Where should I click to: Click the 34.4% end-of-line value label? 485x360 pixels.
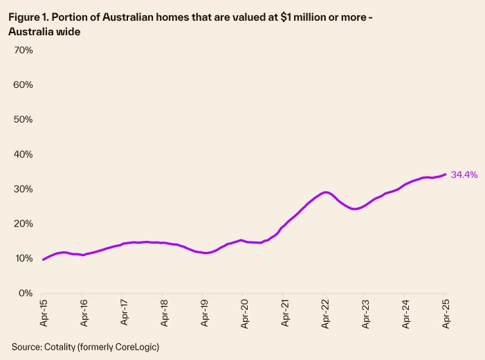pos(464,174)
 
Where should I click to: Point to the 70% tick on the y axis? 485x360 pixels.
pos(24,51)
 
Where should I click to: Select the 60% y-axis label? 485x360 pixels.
pos(24,85)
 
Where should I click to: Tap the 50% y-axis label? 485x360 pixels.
pos(24,120)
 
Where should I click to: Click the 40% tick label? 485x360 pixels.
pos(24,154)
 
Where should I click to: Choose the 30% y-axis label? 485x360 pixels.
pos(24,189)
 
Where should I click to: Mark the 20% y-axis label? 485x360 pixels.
pos(24,224)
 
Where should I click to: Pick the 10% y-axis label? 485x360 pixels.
pos(24,258)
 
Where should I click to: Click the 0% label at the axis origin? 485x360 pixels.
pos(26,293)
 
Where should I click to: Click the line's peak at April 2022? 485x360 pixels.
pos(326,192)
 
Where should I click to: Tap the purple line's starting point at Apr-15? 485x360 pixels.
pos(43,260)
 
